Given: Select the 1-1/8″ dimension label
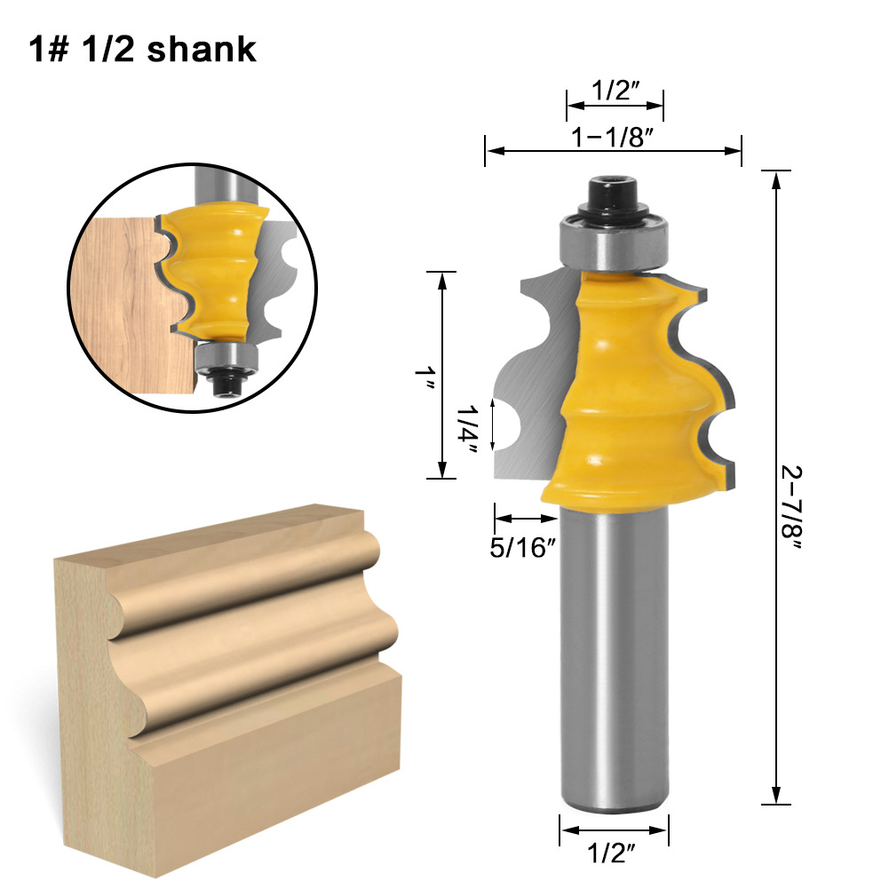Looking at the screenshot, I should (x=613, y=139).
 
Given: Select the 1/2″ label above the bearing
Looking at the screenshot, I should (x=615, y=91).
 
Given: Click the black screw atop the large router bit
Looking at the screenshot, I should (x=613, y=192).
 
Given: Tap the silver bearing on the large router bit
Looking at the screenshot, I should (x=613, y=241).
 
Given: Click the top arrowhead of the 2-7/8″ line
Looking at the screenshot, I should (x=777, y=179).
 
